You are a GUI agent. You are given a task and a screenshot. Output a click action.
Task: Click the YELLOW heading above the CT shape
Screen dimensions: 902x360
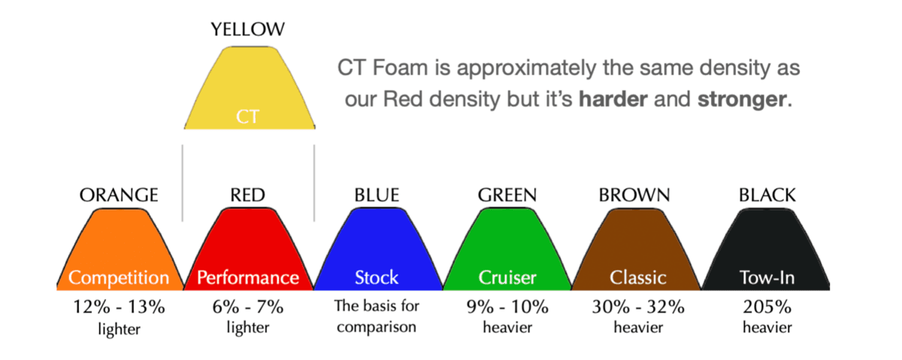click(247, 29)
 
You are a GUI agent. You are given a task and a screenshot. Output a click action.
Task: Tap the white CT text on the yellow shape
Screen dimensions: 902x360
click(247, 116)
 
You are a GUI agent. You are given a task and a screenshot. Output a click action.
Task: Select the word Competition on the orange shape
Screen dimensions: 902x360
click(119, 278)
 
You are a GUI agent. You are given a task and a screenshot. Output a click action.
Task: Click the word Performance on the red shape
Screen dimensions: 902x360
click(248, 277)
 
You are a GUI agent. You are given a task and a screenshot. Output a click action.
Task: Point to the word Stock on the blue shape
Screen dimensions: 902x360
click(377, 277)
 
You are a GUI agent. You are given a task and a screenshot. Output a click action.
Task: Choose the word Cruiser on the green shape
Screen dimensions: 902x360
click(507, 277)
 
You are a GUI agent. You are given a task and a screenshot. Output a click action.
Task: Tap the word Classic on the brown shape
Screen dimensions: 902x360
click(638, 277)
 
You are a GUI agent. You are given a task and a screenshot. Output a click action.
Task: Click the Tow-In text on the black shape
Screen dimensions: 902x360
click(767, 277)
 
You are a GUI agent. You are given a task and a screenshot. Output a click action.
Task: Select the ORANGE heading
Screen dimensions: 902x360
click(119, 195)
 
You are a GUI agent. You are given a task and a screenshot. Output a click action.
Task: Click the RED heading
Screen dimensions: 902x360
click(247, 195)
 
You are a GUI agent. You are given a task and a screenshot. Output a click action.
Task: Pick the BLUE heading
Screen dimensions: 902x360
click(377, 195)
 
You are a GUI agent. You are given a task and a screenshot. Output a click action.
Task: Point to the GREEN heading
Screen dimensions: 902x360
click(507, 195)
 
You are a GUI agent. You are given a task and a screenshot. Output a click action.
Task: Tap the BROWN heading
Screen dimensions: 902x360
click(634, 195)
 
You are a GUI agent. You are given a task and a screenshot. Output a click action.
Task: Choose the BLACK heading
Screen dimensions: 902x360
click(767, 195)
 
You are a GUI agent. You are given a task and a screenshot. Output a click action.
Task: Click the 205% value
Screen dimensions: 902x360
click(767, 307)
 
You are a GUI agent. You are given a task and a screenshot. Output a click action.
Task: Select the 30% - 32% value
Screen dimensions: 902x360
click(638, 307)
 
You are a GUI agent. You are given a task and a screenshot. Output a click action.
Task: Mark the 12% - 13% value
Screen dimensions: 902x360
click(120, 307)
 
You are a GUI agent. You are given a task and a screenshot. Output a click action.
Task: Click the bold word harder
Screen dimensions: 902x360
click(613, 99)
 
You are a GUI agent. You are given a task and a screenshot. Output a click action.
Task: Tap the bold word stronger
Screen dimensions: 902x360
click(742, 100)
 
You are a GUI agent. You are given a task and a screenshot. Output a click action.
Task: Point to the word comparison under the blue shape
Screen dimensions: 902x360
click(377, 328)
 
